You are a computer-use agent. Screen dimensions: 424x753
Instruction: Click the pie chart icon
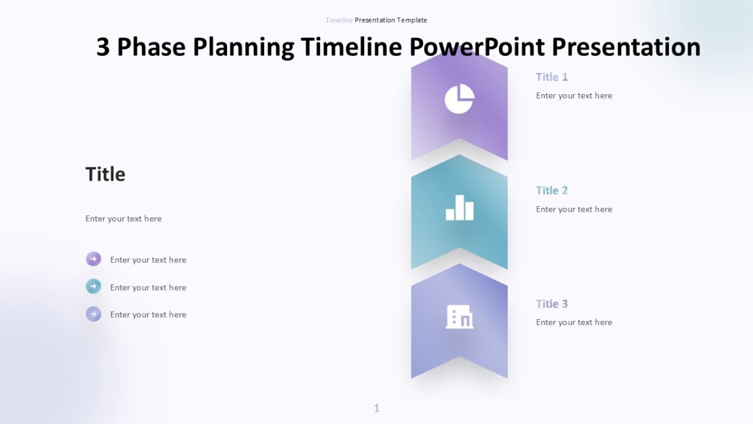pyautogui.click(x=459, y=99)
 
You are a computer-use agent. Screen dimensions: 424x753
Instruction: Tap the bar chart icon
pyautogui.click(x=459, y=208)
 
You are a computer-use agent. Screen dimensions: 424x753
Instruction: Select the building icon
pyautogui.click(x=459, y=317)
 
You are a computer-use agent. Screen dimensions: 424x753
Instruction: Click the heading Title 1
pyautogui.click(x=552, y=77)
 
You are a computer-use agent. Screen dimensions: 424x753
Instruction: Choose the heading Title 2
pyautogui.click(x=552, y=190)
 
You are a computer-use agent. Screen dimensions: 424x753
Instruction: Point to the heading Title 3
pyautogui.click(x=552, y=303)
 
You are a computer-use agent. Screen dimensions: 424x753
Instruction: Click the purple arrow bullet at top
pyautogui.click(x=93, y=259)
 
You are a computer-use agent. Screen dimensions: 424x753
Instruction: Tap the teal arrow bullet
pyautogui.click(x=93, y=287)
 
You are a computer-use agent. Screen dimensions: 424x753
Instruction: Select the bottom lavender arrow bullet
pyautogui.click(x=93, y=314)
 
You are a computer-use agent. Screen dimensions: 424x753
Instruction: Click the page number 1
pyautogui.click(x=376, y=408)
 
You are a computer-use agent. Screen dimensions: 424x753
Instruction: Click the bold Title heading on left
pyautogui.click(x=105, y=174)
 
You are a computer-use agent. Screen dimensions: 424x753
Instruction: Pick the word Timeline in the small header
pyautogui.click(x=339, y=20)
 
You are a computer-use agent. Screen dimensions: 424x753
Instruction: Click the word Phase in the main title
pyautogui.click(x=152, y=47)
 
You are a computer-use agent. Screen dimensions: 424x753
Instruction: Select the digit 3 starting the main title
pyautogui.click(x=104, y=47)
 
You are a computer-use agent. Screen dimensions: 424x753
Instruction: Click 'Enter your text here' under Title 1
pyautogui.click(x=574, y=95)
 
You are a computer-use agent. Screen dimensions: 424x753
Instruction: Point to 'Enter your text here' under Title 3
pyautogui.click(x=574, y=322)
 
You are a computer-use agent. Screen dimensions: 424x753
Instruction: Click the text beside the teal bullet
pyautogui.click(x=148, y=287)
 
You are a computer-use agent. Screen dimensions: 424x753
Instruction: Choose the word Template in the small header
pyautogui.click(x=412, y=20)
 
